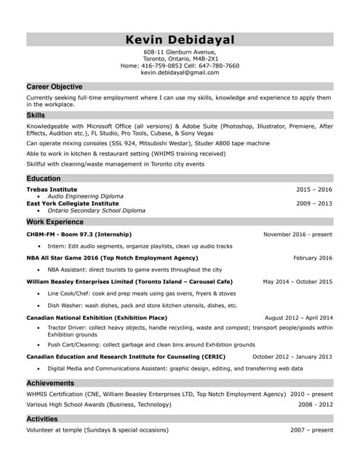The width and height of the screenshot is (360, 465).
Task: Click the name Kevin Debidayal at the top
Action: [x=180, y=39]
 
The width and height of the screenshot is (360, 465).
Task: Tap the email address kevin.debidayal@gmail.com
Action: [x=180, y=73]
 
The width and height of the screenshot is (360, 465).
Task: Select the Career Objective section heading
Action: [x=55, y=86]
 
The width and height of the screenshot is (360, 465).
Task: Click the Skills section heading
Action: [x=36, y=115]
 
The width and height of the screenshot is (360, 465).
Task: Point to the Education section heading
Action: [x=44, y=178]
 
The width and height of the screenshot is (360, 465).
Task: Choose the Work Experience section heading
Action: [x=55, y=222]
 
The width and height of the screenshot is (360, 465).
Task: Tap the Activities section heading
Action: [x=42, y=419]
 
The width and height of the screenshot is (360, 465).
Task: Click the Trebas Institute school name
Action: [x=52, y=189]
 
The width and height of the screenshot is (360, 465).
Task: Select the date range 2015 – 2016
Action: [x=313, y=189]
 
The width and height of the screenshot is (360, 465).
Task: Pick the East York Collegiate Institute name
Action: [x=72, y=203]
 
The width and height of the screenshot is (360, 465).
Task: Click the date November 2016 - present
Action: [x=297, y=235]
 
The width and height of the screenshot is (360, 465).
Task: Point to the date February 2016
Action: [x=313, y=258]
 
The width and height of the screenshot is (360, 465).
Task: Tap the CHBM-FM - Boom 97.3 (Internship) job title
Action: [x=79, y=235]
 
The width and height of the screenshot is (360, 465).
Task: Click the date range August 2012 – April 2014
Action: [x=298, y=318]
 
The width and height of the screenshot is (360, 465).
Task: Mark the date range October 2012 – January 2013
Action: [x=292, y=357]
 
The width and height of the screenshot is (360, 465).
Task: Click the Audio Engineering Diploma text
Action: [x=85, y=196]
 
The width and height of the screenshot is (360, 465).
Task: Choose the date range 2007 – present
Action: [x=311, y=430]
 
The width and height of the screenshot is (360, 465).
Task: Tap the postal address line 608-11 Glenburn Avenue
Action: [x=180, y=52]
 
